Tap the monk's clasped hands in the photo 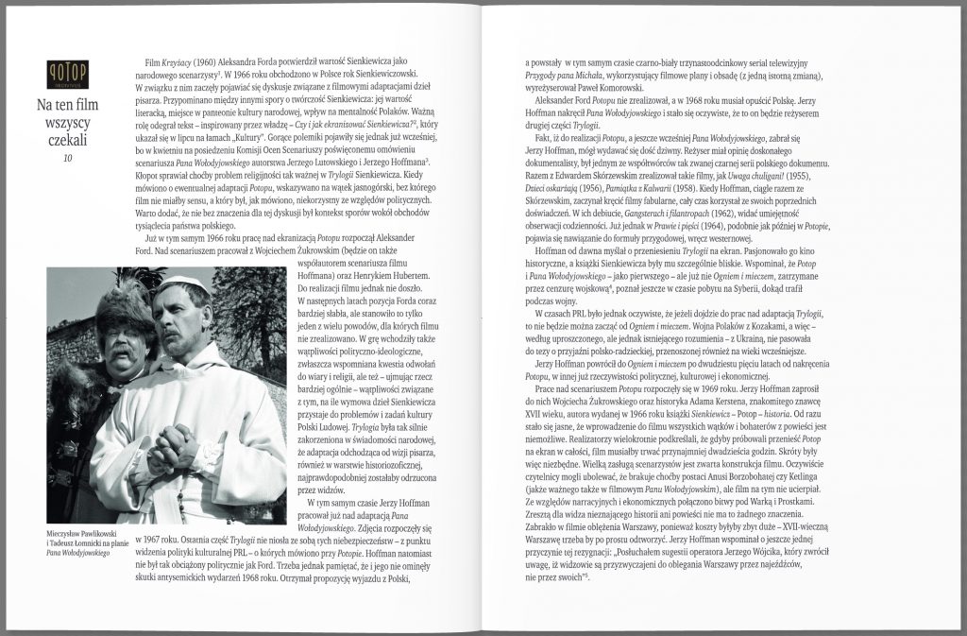173,444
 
